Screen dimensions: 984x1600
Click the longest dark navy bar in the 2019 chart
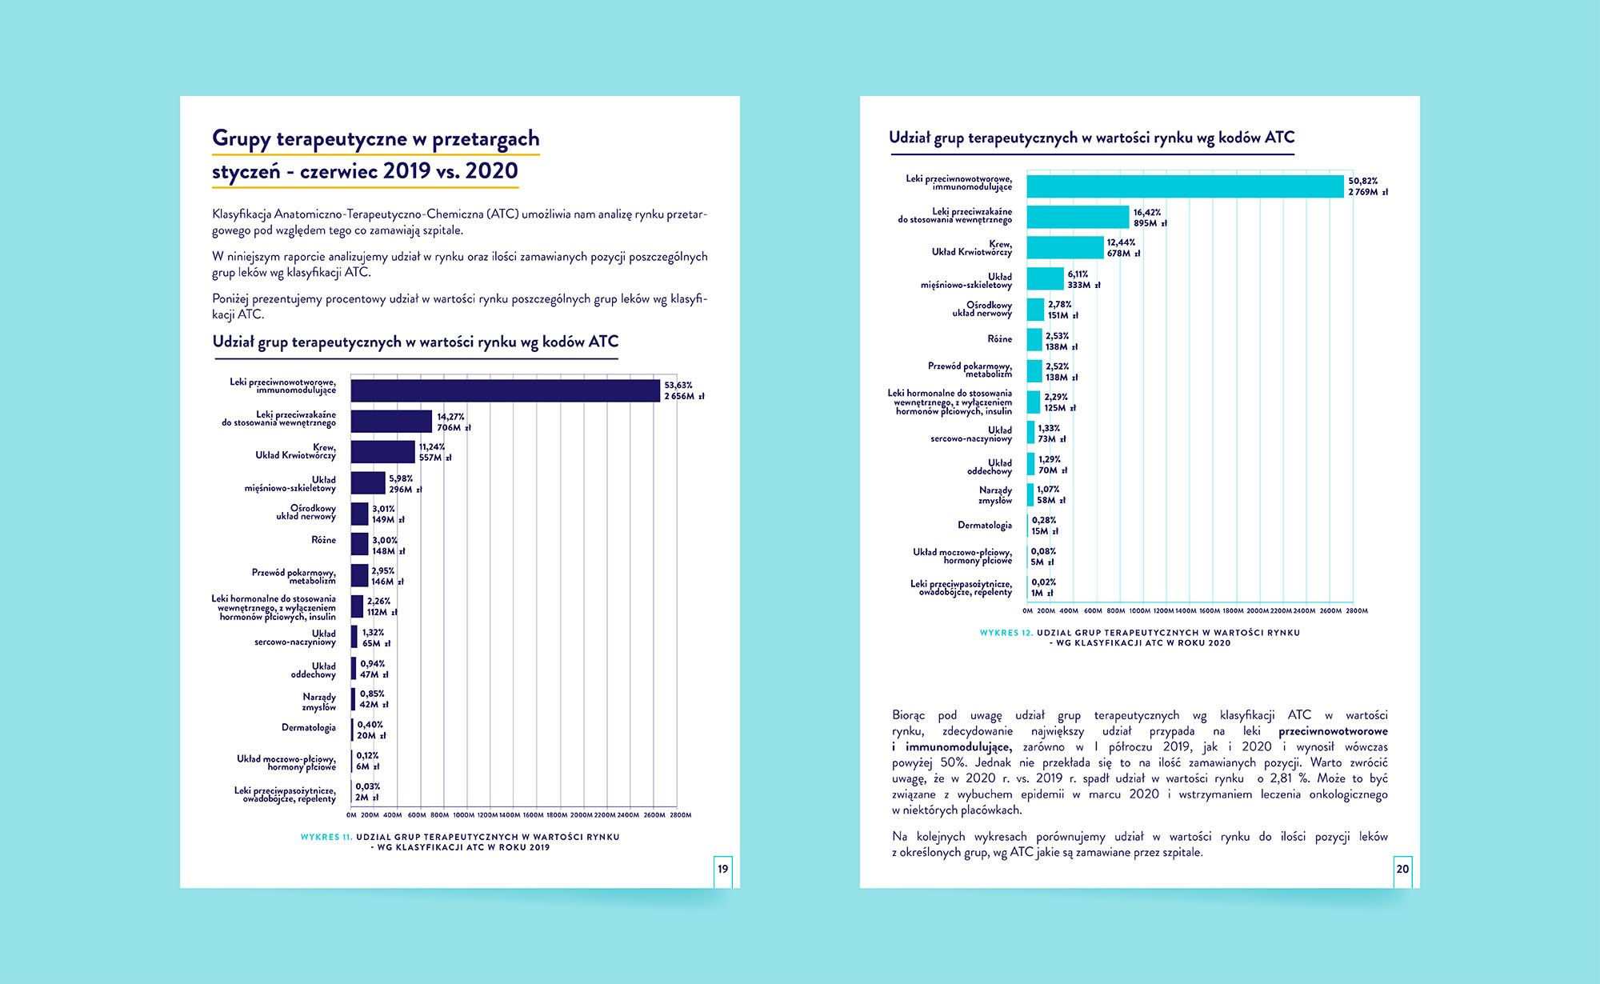[505, 390]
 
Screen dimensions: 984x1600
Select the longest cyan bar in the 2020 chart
[1185, 186]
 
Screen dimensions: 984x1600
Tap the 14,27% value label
[450, 417]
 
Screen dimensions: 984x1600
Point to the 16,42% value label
[1146, 213]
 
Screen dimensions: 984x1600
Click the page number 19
[723, 869]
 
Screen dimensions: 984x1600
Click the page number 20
[1402, 869]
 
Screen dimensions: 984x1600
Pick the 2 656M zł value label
[684, 396]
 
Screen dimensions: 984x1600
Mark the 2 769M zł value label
[1368, 192]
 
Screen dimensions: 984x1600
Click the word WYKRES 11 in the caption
[326, 837]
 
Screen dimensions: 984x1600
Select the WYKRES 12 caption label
[1006, 633]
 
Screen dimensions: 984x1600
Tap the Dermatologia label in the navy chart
[308, 727]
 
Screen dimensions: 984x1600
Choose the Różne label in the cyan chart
[999, 339]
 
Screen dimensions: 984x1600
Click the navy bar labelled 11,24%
[382, 452]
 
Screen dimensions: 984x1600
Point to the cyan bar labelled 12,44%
[1065, 247]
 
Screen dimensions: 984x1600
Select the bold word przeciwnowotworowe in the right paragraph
[1333, 731]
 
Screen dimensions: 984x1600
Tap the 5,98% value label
[401, 478]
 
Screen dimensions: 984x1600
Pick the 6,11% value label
[1078, 274]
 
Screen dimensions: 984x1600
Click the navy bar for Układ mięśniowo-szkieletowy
[368, 483]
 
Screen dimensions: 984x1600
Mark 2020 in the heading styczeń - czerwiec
[491, 171]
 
